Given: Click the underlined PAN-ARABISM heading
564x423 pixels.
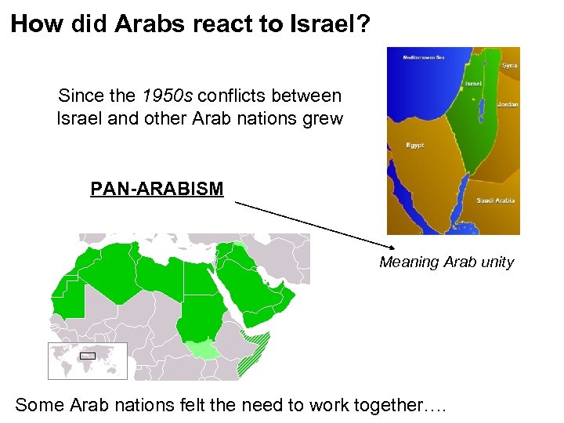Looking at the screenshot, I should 157,190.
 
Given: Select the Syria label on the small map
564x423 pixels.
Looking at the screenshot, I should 509,66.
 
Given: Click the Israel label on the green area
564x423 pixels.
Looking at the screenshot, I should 472,84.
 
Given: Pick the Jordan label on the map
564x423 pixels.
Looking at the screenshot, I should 507,105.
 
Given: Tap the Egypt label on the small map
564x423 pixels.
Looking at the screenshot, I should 415,146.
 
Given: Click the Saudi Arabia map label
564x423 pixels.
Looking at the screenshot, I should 495,201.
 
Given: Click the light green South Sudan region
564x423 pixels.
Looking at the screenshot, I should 205,350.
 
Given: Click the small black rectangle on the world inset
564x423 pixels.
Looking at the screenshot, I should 88,356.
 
